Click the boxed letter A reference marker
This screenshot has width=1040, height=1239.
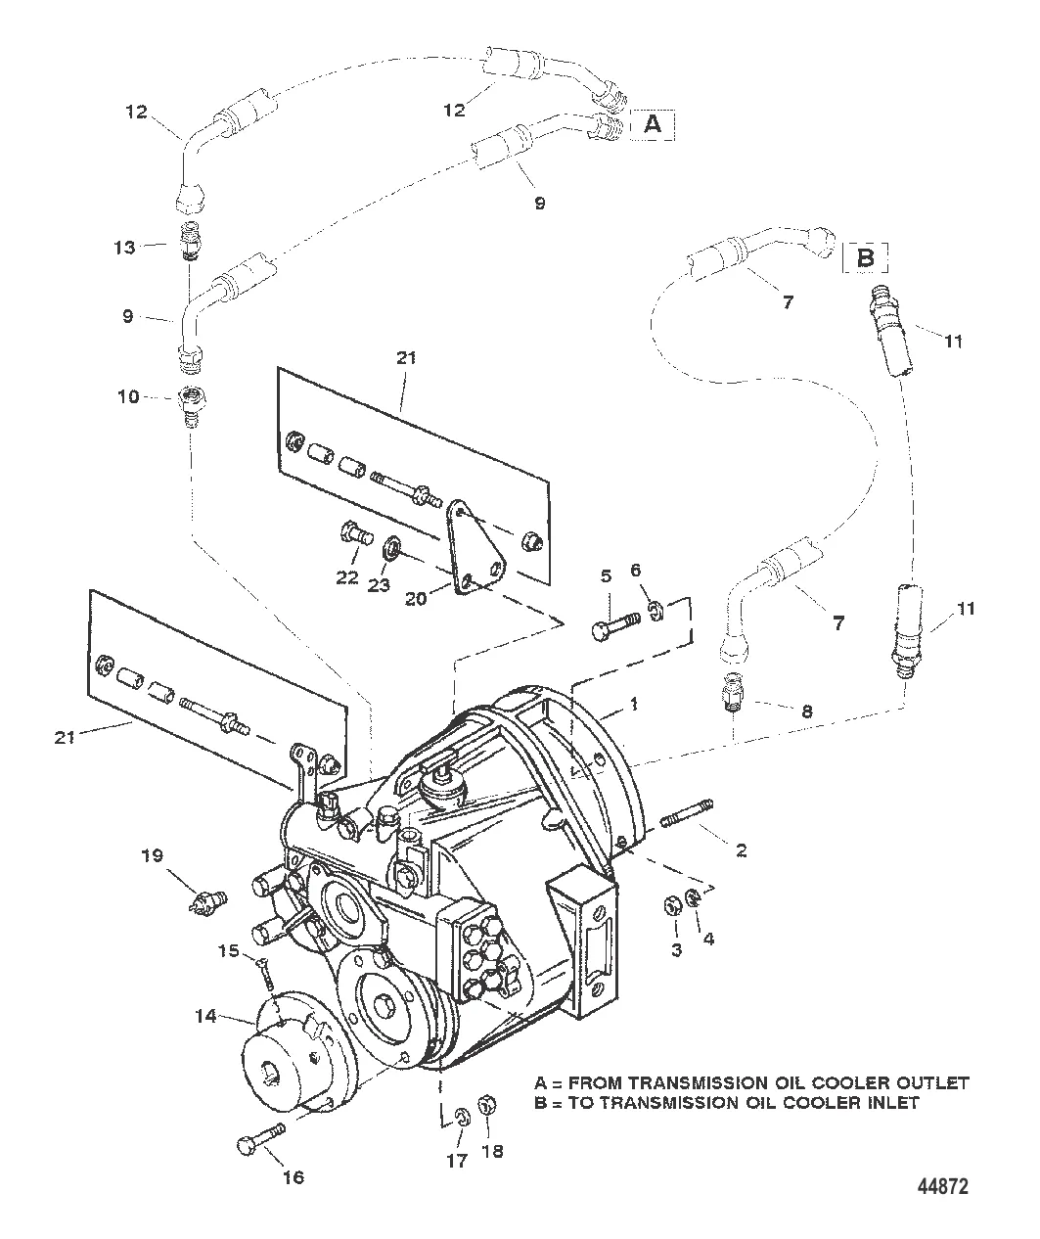[654, 124]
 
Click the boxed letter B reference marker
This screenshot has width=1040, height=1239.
[866, 258]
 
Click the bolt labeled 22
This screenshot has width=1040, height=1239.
[353, 535]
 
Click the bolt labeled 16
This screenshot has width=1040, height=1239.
[258, 1138]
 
